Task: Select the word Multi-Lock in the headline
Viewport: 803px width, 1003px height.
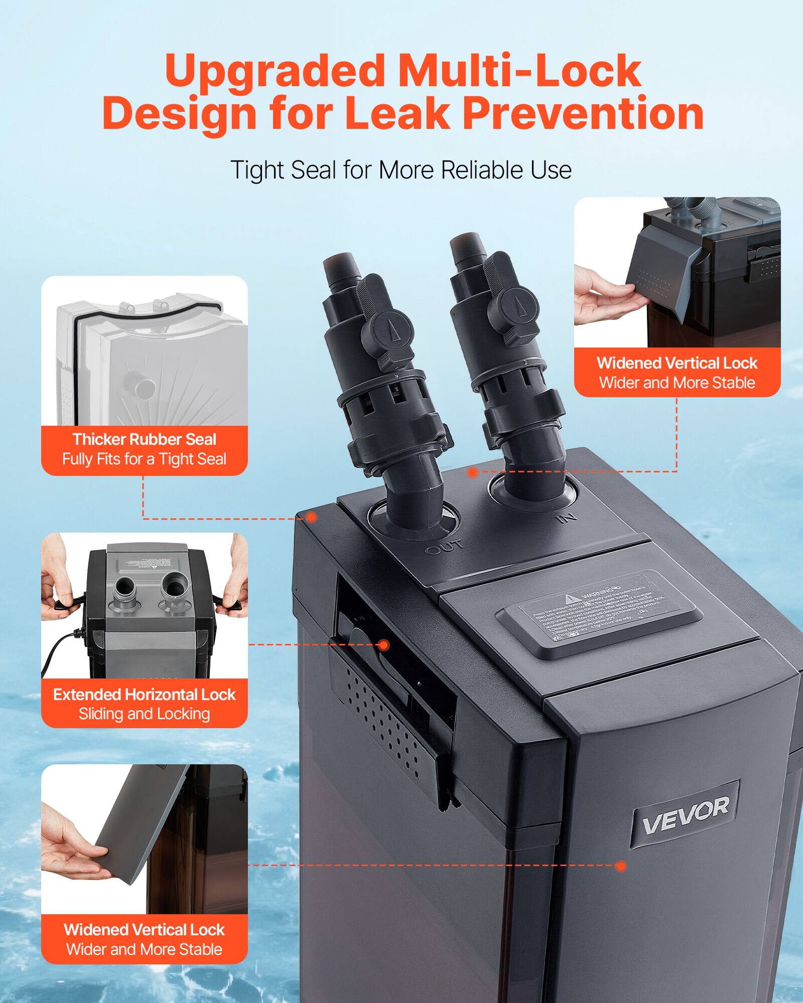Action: tap(519, 71)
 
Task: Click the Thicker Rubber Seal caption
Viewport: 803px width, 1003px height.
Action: tap(145, 439)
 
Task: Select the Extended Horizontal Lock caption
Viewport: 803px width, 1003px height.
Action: tap(145, 695)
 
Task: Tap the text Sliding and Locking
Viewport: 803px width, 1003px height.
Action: tap(145, 714)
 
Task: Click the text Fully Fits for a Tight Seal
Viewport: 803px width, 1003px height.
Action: tap(145, 459)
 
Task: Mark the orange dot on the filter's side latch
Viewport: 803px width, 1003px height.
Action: tap(384, 645)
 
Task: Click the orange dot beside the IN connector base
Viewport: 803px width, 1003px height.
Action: tap(472, 472)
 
